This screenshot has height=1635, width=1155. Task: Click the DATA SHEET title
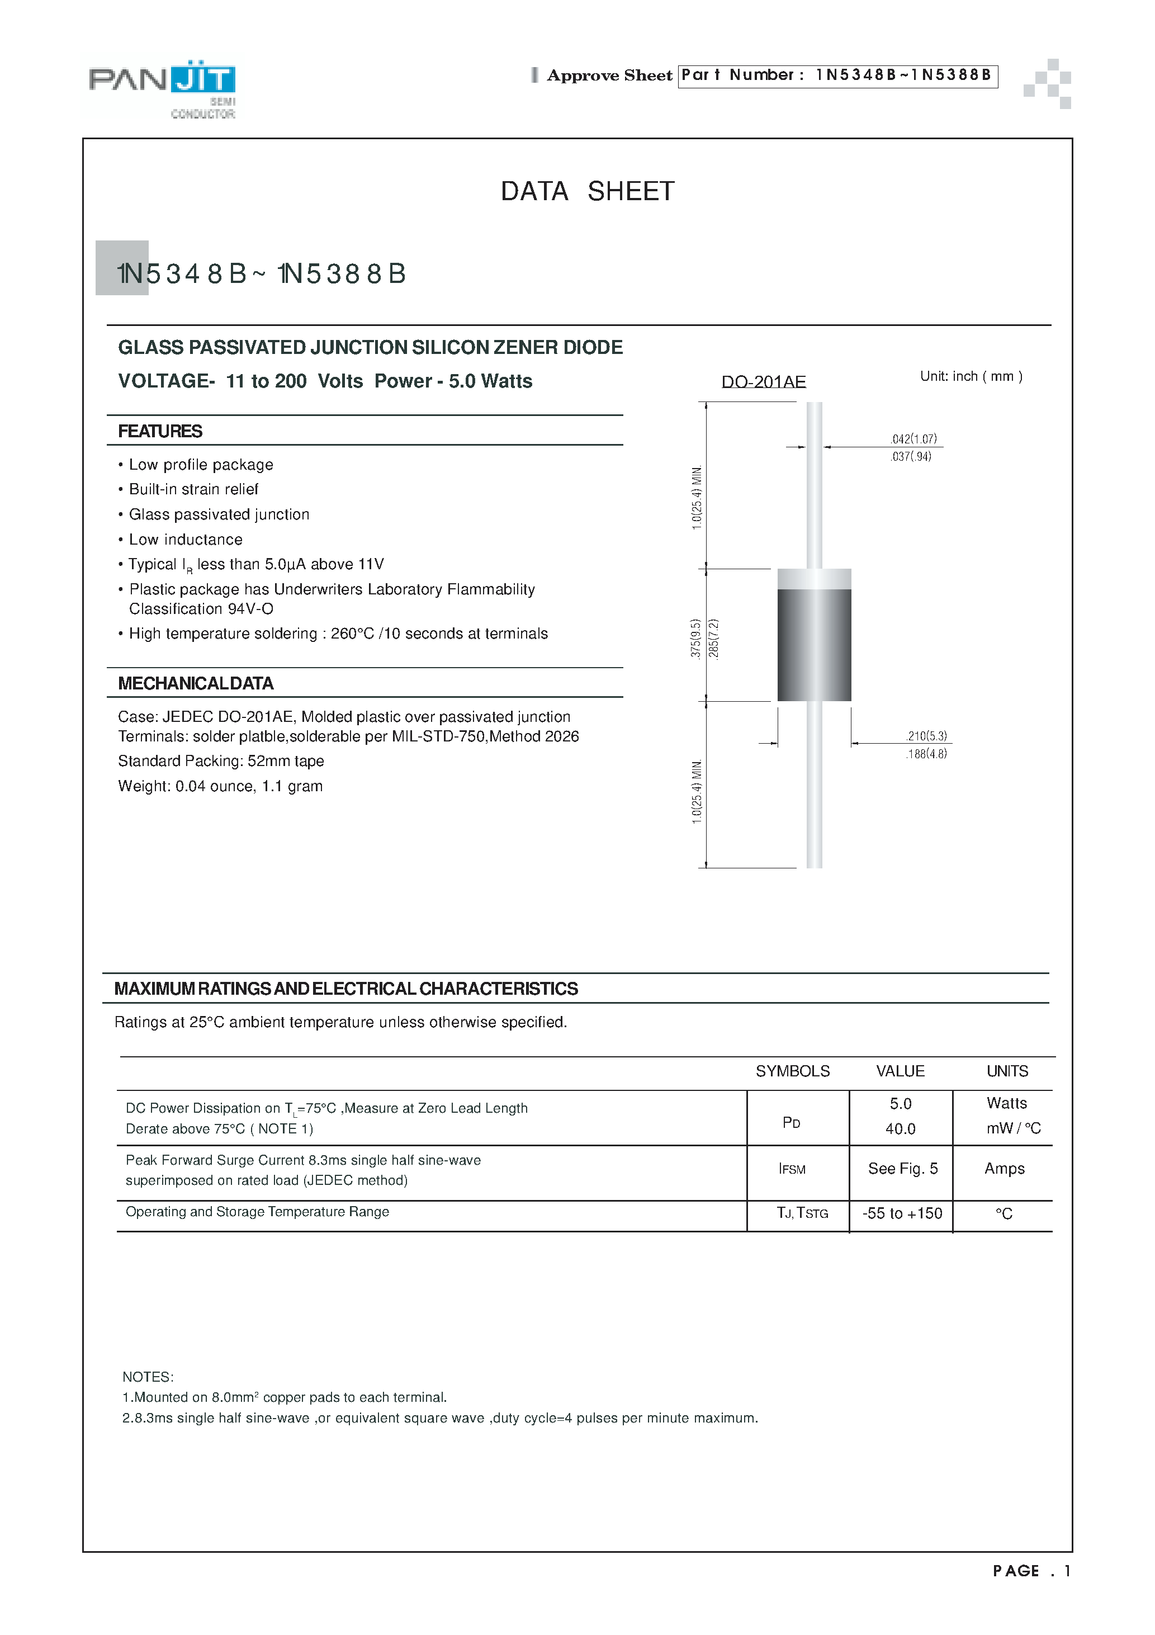[588, 192]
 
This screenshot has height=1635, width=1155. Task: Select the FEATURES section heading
[160, 432]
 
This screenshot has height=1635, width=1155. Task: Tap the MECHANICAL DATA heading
[196, 684]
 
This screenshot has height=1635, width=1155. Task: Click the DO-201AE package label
[763, 382]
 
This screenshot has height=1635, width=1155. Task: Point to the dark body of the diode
[814, 645]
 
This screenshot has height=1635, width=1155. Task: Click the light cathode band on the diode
[814, 579]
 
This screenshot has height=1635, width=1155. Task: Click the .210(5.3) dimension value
[926, 736]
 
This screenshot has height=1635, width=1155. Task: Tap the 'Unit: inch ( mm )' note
[971, 377]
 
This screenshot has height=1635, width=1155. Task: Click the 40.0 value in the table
[900, 1130]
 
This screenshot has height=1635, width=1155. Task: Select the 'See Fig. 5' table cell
[902, 1169]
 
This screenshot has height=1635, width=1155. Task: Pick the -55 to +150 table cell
[902, 1213]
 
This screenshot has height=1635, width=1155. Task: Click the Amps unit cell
[1004, 1169]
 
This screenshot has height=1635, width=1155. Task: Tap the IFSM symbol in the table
[792, 1169]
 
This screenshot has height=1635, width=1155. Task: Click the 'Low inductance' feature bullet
[185, 540]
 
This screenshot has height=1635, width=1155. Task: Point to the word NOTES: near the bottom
[148, 1377]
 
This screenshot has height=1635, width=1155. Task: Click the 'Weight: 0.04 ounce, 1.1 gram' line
[220, 786]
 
